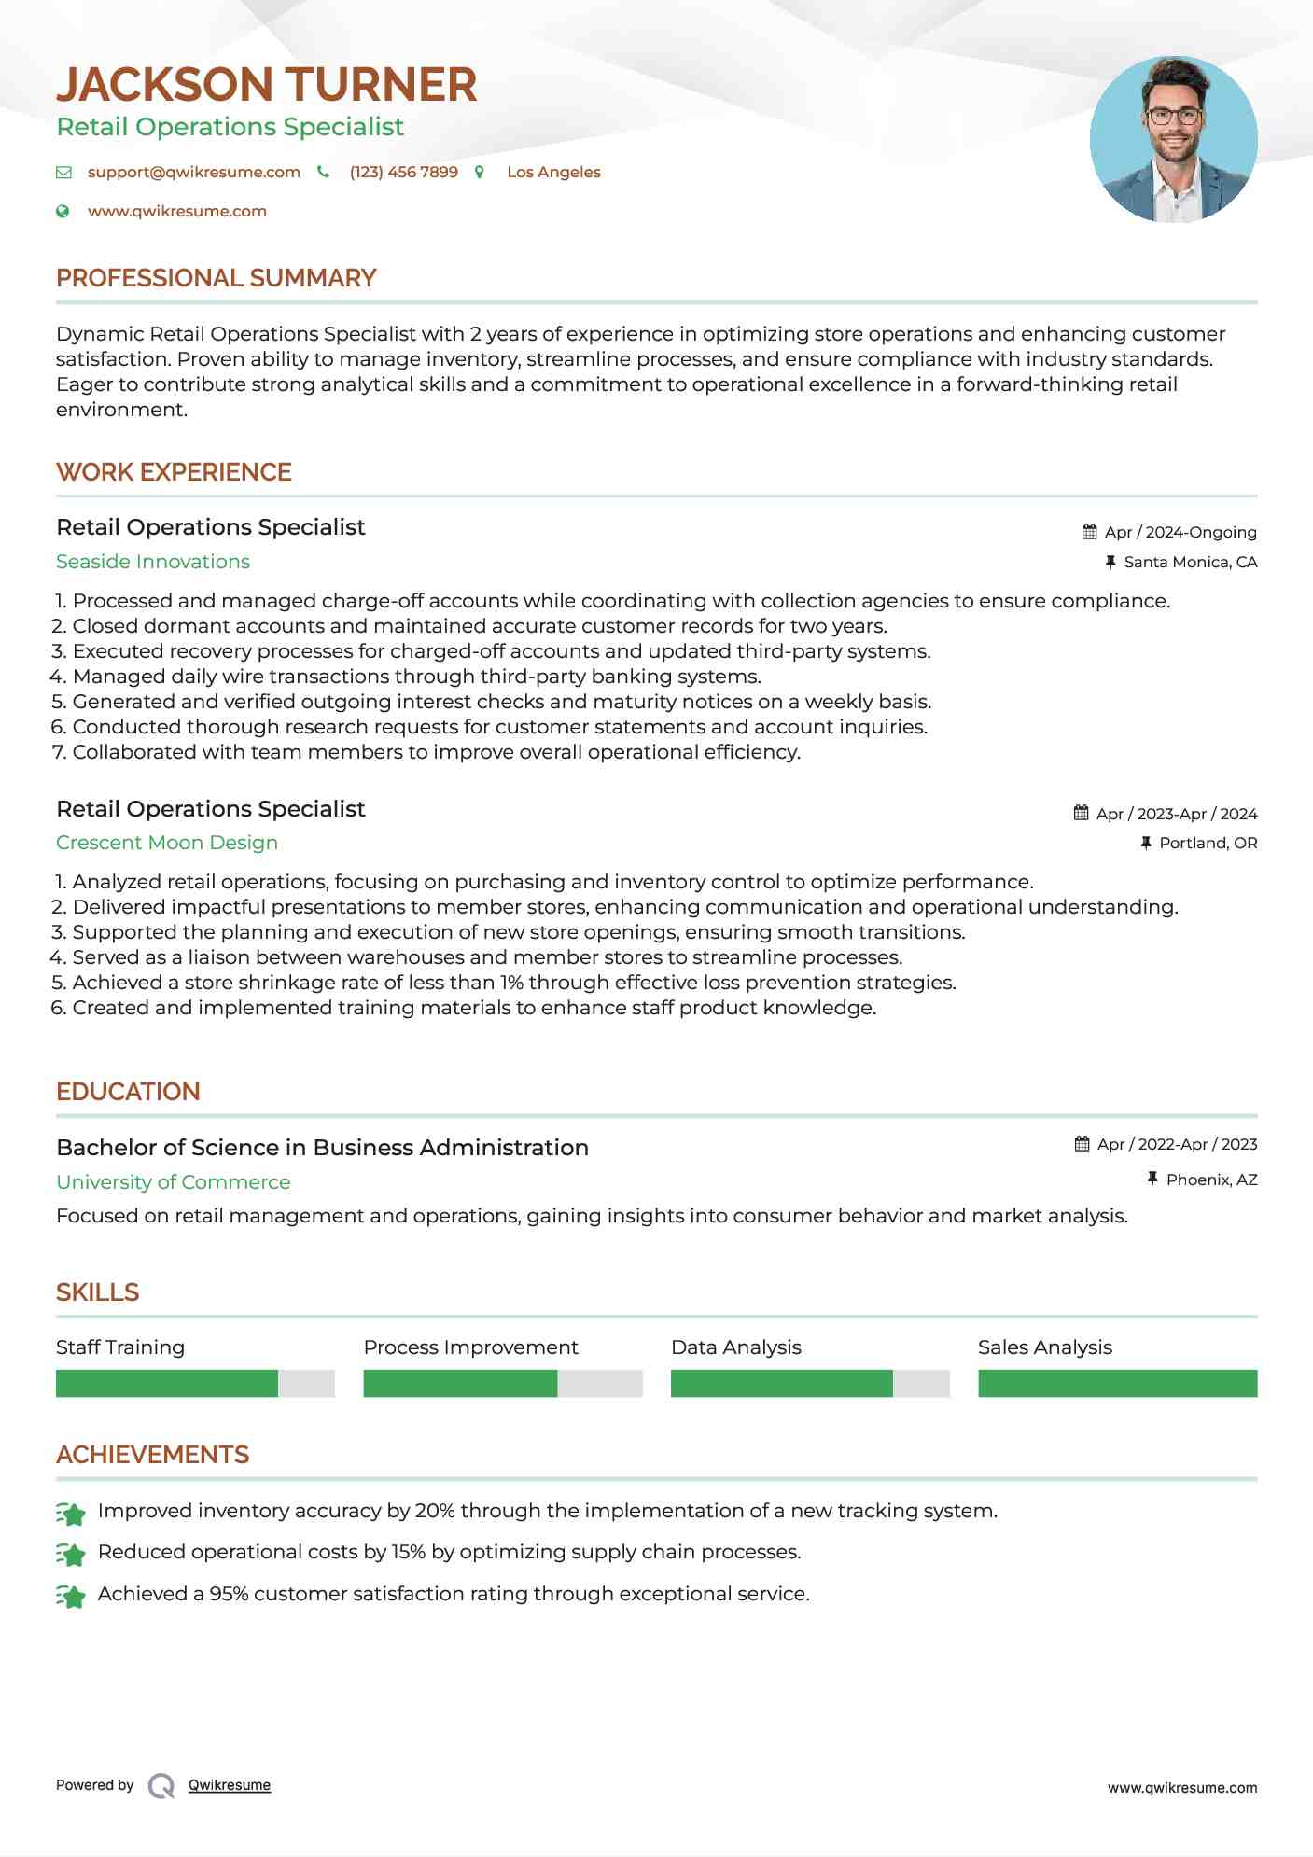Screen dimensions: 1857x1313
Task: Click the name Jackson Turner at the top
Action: coord(267,85)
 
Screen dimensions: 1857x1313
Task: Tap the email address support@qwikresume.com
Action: coord(193,173)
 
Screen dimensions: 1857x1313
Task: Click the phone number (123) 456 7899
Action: coord(403,173)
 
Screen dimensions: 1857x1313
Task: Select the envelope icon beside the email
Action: coord(63,173)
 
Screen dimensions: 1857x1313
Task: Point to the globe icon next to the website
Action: coord(63,212)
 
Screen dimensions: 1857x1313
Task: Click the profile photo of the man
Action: coord(1173,140)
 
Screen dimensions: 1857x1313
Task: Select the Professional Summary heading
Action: coord(216,278)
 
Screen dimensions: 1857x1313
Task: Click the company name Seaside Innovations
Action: coord(153,562)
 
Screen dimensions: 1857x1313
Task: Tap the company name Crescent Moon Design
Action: coord(167,843)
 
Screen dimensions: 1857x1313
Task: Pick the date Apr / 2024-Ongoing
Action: coord(1180,532)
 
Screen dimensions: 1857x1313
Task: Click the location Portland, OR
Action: coord(1208,843)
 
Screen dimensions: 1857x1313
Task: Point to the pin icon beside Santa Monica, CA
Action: coord(1110,562)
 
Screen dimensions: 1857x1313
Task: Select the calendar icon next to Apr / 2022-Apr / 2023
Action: coord(1082,1144)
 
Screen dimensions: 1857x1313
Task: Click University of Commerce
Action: coord(174,1182)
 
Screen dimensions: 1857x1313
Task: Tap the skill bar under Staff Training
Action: coord(195,1383)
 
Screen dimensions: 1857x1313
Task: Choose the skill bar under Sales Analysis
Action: coord(1117,1383)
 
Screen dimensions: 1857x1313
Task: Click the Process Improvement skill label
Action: coord(470,1347)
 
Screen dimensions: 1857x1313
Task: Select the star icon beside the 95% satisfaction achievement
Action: coord(71,1596)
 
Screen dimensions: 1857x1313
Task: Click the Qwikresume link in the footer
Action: coord(230,1785)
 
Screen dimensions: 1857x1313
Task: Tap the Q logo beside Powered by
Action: coord(161,1786)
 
